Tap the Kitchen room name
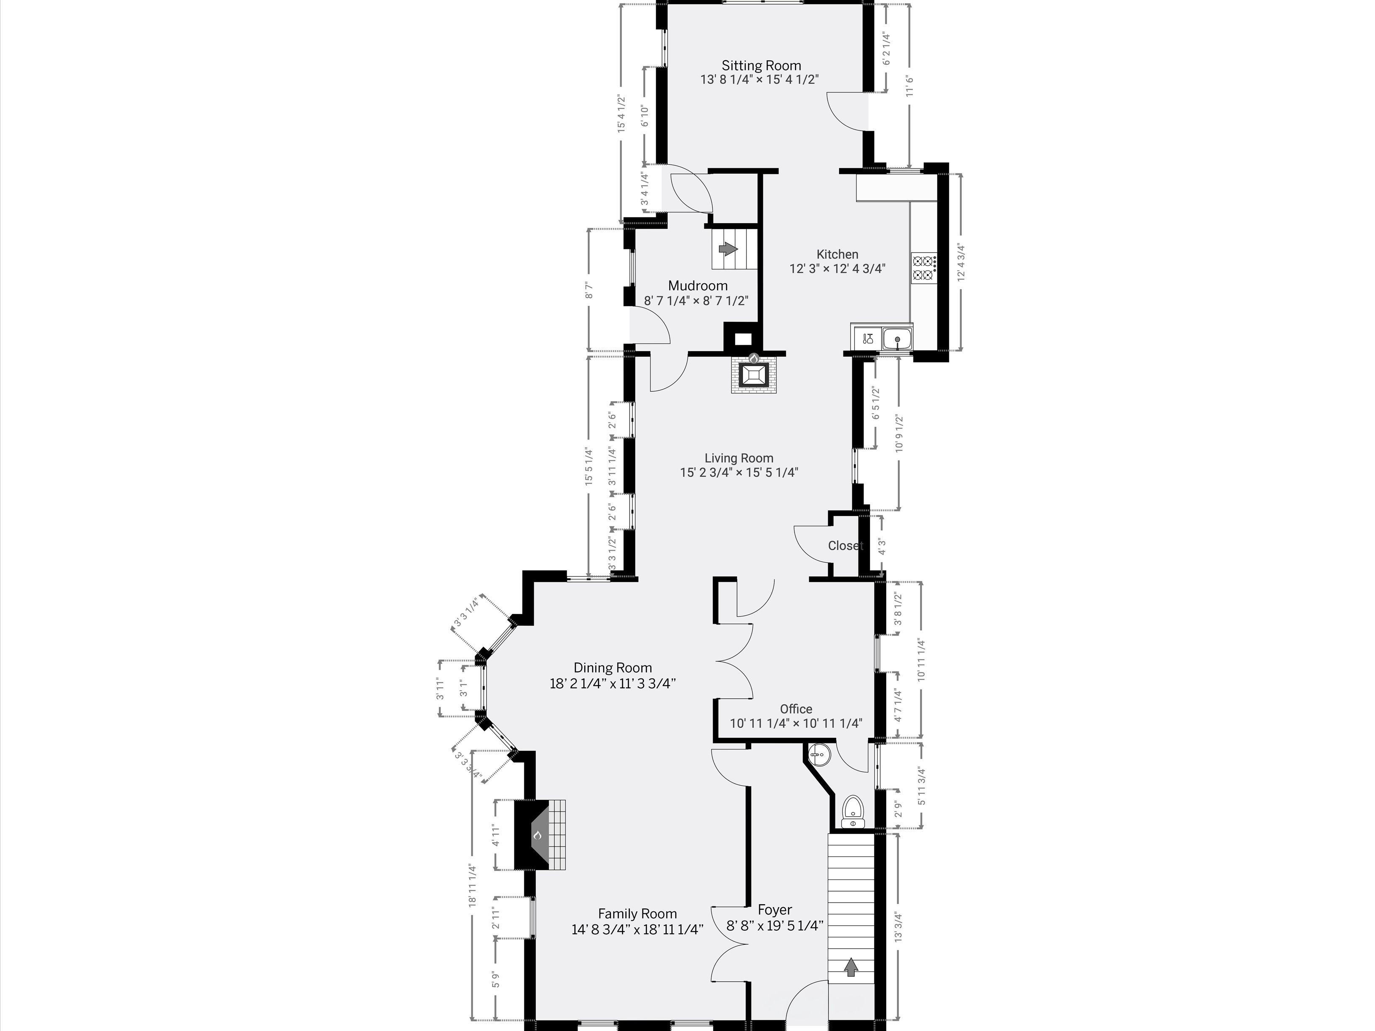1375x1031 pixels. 837,254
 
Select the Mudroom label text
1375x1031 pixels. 698,286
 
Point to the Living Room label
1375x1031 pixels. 739,459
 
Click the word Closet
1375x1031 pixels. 845,546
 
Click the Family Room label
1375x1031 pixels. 637,913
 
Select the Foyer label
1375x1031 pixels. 775,910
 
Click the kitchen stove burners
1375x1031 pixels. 923,268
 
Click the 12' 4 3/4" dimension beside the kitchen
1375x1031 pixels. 962,262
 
